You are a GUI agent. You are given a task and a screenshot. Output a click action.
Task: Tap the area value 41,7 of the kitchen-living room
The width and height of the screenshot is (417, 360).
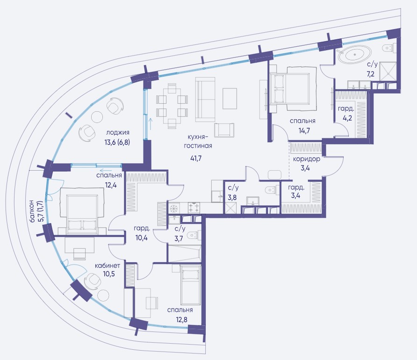tap(196, 158)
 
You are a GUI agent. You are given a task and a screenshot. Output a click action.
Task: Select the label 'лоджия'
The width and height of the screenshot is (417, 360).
tap(117, 133)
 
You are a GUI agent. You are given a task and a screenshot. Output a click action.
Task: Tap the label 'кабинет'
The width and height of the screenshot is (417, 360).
tap(108, 266)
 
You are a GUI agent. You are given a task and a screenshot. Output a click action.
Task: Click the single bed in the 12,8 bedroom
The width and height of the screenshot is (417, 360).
tap(190, 285)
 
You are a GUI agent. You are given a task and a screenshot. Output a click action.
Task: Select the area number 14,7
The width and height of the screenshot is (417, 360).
tap(304, 130)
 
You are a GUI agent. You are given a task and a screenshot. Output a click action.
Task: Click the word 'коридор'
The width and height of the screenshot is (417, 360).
tap(306, 159)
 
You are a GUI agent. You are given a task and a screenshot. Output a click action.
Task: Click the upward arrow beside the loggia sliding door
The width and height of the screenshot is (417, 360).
tap(151, 124)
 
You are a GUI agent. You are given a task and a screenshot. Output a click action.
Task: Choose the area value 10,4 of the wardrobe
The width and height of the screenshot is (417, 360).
tap(142, 238)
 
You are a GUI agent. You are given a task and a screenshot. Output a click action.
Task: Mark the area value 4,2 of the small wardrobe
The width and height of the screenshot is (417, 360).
tap(347, 118)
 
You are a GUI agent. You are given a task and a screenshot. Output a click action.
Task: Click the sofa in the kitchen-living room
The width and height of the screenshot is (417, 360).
tap(205, 100)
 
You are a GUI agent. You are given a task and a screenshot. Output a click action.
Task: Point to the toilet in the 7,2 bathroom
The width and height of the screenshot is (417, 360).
tap(389, 48)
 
